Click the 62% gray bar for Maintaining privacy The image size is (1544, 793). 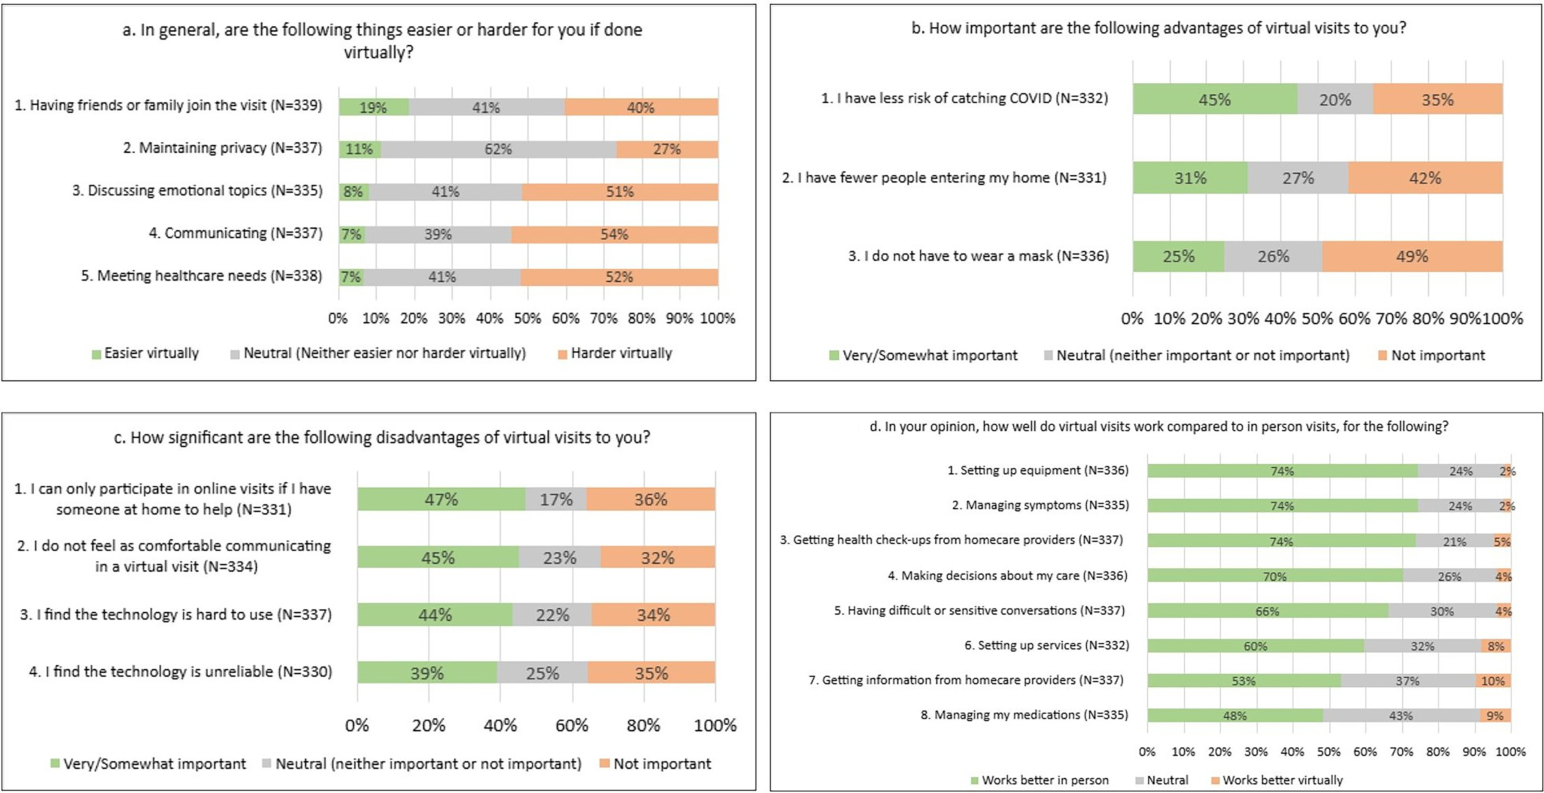click(x=498, y=149)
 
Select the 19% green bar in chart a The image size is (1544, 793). click(x=373, y=107)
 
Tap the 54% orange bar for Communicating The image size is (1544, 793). click(x=614, y=235)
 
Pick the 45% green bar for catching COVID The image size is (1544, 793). click(x=1215, y=100)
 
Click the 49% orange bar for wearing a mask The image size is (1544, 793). click(x=1412, y=256)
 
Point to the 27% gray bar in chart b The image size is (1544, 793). click(x=1298, y=178)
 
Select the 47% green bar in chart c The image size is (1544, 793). click(x=441, y=499)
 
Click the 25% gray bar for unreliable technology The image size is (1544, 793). click(x=542, y=673)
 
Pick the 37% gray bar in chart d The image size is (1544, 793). click(x=1407, y=681)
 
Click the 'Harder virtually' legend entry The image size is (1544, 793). click(x=621, y=354)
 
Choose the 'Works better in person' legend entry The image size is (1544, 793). click(x=1045, y=780)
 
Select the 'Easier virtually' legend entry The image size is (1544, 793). click(x=151, y=354)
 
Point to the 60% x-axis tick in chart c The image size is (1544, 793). click(x=572, y=725)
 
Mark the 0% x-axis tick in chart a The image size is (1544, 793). click(x=338, y=318)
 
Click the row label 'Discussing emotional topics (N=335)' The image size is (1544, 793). click(x=197, y=191)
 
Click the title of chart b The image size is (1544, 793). click(x=1158, y=28)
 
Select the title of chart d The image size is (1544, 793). click(x=1158, y=426)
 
